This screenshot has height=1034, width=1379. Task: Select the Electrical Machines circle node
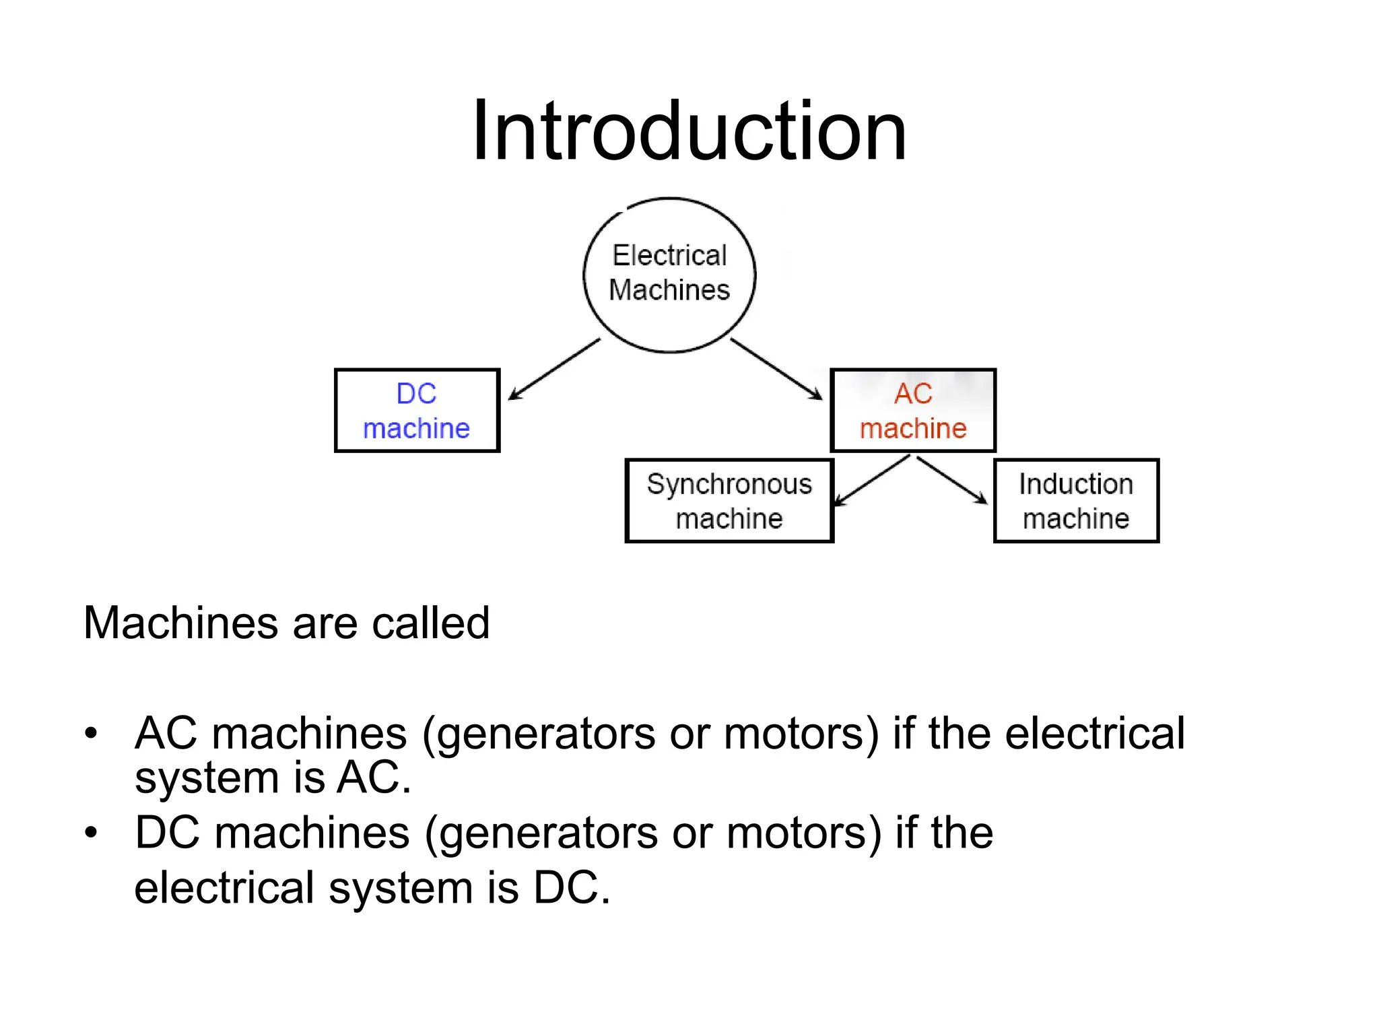(669, 275)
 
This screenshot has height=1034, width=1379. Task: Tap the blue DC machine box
(417, 411)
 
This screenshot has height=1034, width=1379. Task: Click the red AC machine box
(913, 411)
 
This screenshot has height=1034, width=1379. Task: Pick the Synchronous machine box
(729, 501)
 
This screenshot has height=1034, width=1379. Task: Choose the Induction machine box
(1076, 501)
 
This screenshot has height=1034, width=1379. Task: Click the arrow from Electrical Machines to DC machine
(553, 369)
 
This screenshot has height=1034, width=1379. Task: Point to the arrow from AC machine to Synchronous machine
(871, 481)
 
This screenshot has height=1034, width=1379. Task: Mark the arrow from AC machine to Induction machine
(952, 480)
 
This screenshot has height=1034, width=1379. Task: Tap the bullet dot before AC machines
(92, 733)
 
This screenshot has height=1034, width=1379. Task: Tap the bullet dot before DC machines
(92, 833)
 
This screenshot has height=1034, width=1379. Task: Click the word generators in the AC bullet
(545, 734)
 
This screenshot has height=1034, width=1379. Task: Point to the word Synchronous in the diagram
(729, 484)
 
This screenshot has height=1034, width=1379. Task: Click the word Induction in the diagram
(1076, 484)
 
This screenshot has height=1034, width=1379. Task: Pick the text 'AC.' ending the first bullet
(374, 778)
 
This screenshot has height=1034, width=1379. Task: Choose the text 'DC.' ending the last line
(572, 888)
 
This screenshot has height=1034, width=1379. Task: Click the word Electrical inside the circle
(669, 256)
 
